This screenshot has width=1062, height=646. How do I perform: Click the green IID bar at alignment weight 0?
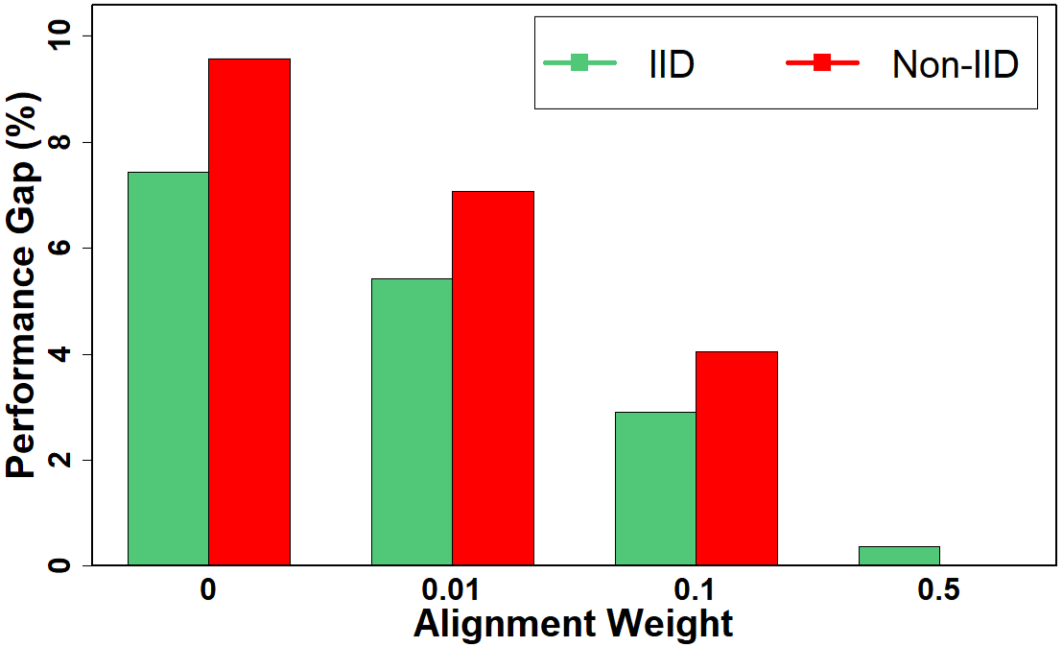coord(168,369)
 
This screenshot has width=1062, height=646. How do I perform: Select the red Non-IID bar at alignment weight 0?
coord(249,312)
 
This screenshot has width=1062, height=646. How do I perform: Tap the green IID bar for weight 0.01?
coord(412,421)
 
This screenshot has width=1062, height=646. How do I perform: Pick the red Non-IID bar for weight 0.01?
coord(493,378)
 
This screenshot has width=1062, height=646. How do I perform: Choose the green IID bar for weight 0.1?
coord(655,489)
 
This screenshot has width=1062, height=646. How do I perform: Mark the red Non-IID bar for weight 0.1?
coord(737,458)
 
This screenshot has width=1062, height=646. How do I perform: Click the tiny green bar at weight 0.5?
coord(899,556)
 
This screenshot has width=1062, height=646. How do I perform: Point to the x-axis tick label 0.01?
coord(452,589)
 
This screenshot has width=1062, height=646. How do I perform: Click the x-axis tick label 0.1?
coord(696,589)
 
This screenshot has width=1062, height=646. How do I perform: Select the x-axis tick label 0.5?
coord(939,589)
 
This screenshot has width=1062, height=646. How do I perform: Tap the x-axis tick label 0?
coord(208,589)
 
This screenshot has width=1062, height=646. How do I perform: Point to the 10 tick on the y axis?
coord(65,36)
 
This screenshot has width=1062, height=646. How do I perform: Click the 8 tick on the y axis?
coord(65,142)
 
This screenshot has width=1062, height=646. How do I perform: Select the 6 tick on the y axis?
coord(65,248)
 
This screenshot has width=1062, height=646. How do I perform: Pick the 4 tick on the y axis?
coord(65,354)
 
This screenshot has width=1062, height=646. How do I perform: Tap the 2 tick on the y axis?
coord(65,460)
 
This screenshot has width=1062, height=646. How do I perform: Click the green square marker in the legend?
coord(579,63)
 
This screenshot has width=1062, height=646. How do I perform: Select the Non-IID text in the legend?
coord(955,64)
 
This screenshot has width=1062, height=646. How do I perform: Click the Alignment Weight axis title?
coord(574,625)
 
